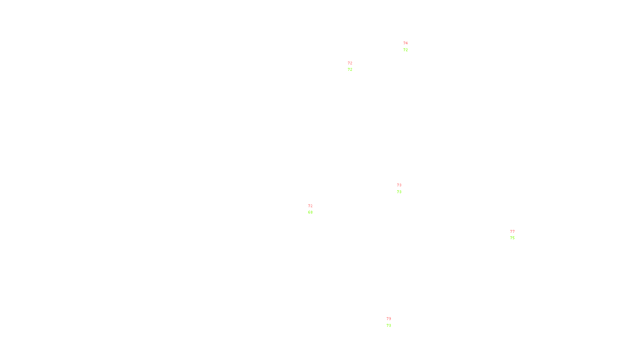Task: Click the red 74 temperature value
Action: (x=406, y=43)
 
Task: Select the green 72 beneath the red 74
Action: (x=406, y=50)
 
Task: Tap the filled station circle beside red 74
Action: (x=409, y=47)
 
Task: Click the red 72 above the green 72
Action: (x=350, y=63)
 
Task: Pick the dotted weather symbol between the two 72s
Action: (x=351, y=66)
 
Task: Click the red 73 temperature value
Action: (x=399, y=185)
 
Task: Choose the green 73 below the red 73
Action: (x=399, y=192)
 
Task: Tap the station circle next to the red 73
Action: (x=403, y=188)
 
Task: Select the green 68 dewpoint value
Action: (x=310, y=212)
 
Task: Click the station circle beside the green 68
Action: (x=314, y=209)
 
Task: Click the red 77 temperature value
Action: (x=512, y=232)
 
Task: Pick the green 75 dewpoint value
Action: (x=512, y=238)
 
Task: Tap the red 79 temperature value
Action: (x=389, y=319)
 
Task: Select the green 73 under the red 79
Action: (x=389, y=326)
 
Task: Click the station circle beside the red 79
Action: (x=392, y=322)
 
